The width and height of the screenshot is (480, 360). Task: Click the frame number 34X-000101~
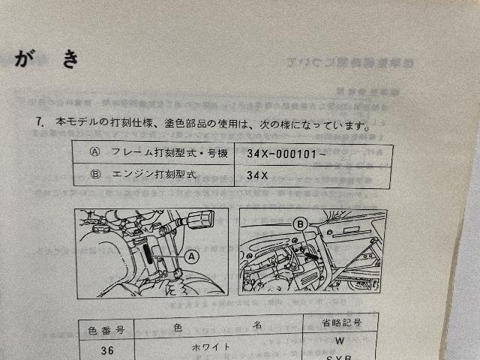click(x=285, y=153)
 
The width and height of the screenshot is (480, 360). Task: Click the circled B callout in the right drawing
click(x=300, y=223)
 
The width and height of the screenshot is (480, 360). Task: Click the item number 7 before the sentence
click(x=37, y=121)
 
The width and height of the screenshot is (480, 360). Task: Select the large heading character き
click(x=70, y=59)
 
